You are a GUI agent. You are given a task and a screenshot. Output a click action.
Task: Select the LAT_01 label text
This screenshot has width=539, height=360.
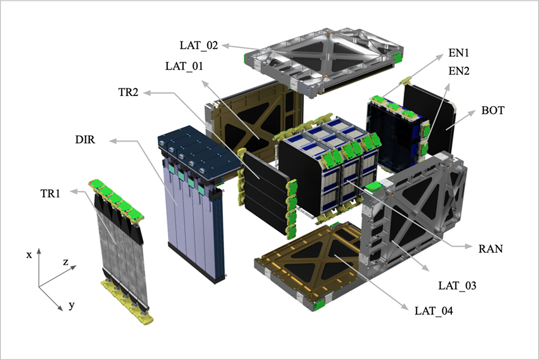pyautogui.click(x=185, y=66)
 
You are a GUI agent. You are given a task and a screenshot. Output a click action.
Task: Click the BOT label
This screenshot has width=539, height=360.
pyautogui.click(x=492, y=111)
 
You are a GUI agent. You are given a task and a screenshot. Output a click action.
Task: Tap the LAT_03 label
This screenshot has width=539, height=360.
pyautogui.click(x=457, y=286)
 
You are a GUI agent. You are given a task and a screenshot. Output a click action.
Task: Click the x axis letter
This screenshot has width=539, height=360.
pyautogui.click(x=29, y=254)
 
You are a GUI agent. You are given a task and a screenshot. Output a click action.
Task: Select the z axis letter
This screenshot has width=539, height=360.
pyautogui.click(x=66, y=262)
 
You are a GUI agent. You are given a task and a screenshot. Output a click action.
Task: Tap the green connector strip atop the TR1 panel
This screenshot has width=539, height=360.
pyautogui.click(x=116, y=200)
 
